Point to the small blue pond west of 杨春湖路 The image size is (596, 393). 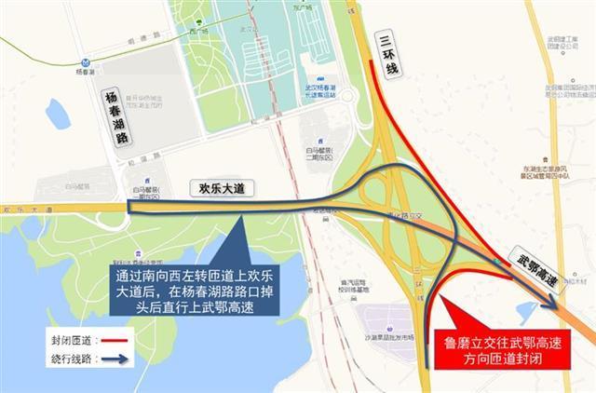pos(57,113)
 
